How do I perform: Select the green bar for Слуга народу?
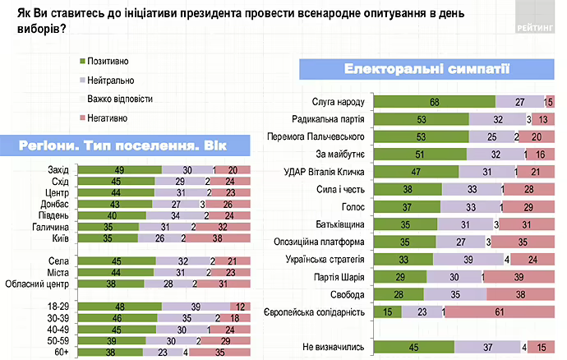coord(435,102)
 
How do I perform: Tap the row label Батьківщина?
coord(340,224)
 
